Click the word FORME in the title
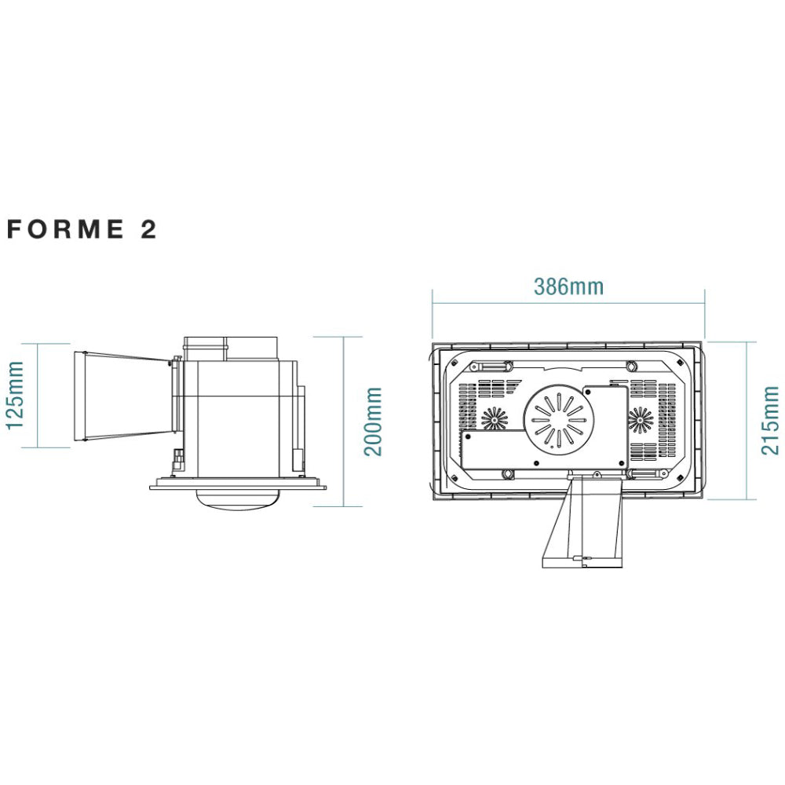click(65, 229)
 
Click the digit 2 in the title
click(148, 229)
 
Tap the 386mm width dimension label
click(568, 287)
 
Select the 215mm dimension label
click(770, 421)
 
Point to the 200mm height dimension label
click(373, 422)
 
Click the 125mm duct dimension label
click(14, 396)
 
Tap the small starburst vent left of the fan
click(495, 418)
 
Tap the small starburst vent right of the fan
click(641, 419)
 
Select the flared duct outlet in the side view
click(124, 396)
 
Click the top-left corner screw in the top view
click(454, 363)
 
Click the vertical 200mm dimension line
click(344, 422)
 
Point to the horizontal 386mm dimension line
click(568, 303)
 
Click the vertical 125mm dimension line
click(38, 396)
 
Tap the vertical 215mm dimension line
click(747, 421)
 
